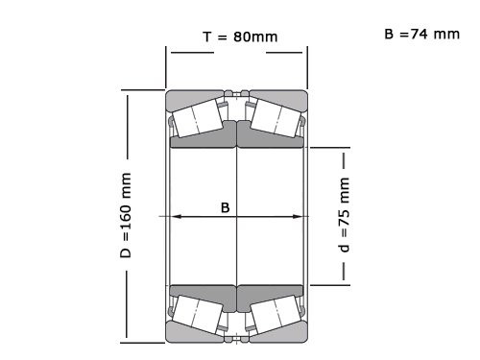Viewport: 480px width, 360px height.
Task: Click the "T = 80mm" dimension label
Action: [x=240, y=37]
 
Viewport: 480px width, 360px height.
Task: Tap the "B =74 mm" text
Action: [x=421, y=34]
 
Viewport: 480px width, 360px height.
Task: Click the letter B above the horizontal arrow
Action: [x=226, y=205]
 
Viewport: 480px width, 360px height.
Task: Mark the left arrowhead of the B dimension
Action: [x=175, y=217]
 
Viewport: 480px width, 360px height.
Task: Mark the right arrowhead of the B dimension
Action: [x=300, y=217]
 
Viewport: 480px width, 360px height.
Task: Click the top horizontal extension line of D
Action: [x=144, y=90]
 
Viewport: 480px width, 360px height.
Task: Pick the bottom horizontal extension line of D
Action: [x=144, y=342]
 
